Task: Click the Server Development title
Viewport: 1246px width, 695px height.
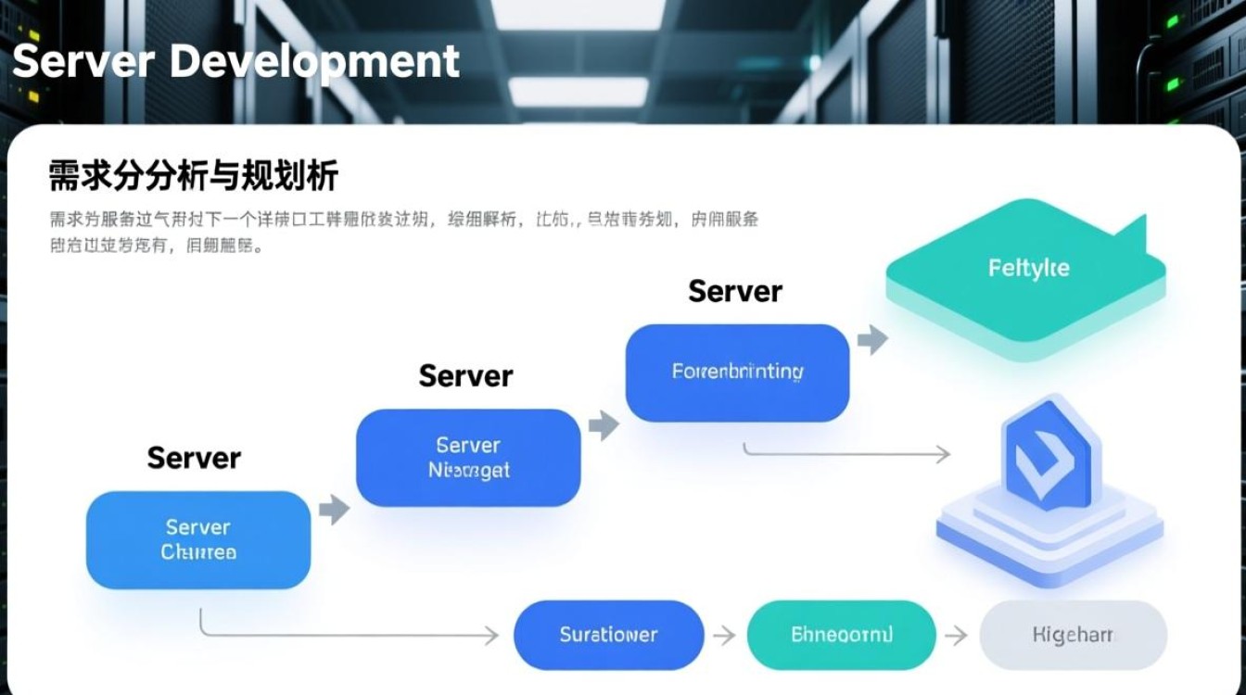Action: tap(235, 61)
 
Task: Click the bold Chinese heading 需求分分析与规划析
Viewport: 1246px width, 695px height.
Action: tap(193, 175)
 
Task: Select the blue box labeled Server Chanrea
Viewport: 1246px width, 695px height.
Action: tap(198, 540)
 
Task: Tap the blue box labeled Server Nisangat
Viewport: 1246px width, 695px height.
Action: tap(468, 458)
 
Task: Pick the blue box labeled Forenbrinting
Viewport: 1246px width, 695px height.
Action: tap(737, 373)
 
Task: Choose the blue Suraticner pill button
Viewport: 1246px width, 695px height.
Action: tap(608, 635)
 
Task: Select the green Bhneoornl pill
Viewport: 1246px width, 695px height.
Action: tap(841, 635)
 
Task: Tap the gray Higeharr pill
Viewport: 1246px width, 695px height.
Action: tap(1073, 635)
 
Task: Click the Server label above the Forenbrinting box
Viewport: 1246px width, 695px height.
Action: tap(735, 291)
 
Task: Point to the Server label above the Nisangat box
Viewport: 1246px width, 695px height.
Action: tap(465, 375)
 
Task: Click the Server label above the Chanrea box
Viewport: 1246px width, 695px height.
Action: tap(194, 457)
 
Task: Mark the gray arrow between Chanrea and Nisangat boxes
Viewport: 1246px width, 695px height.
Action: tap(334, 509)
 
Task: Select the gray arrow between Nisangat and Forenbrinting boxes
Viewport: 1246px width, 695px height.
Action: tap(604, 425)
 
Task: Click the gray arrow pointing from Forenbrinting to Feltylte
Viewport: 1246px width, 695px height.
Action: tap(872, 340)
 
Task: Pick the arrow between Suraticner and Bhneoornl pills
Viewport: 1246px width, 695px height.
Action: tap(724, 636)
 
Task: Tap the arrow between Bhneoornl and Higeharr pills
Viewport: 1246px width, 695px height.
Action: tap(956, 636)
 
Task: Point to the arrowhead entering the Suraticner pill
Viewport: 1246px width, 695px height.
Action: tap(490, 636)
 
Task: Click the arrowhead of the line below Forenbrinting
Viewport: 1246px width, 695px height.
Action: tap(943, 454)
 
